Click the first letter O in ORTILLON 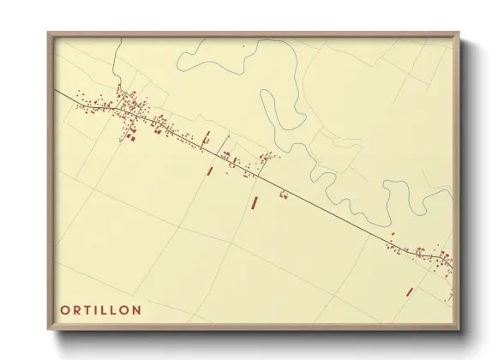(x=65, y=309)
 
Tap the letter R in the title (x=76, y=309)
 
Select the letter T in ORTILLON (x=87, y=309)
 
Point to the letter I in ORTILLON (x=95, y=309)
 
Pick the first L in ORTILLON (x=103, y=309)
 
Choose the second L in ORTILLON (x=113, y=309)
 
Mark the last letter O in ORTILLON (x=124, y=309)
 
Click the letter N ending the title (x=136, y=309)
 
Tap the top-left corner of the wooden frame (x=49, y=33)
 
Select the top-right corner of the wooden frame (x=458, y=33)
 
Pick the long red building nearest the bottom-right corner (x=410, y=291)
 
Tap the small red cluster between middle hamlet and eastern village (x=283, y=195)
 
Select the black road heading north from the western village (x=117, y=64)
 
